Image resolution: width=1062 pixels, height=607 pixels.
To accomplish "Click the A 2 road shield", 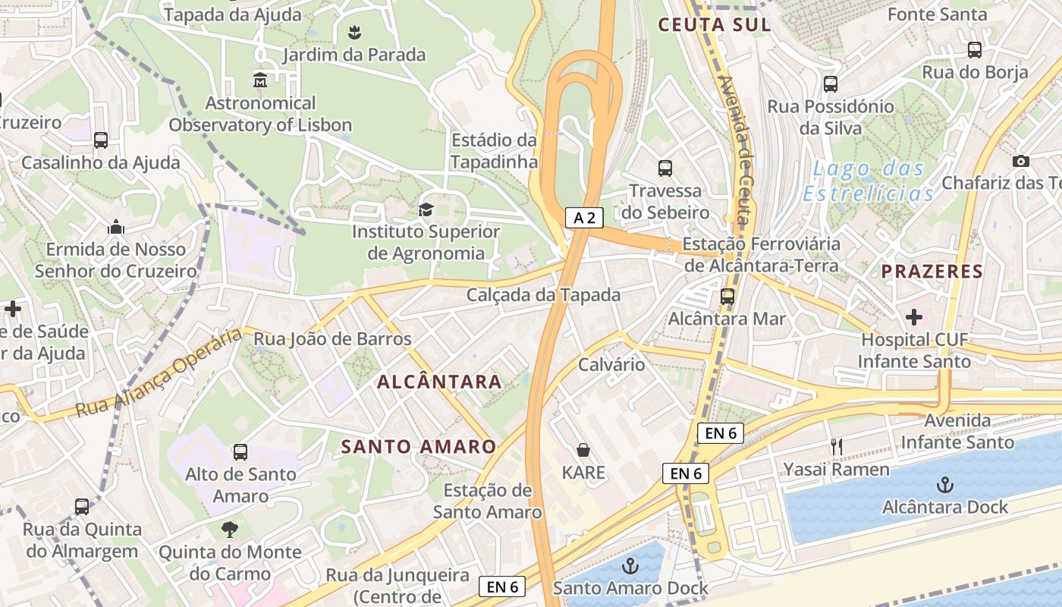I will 584,219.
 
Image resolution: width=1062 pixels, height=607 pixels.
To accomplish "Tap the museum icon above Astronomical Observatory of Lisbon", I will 260,80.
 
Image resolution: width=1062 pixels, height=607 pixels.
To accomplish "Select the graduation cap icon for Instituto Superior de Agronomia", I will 426,209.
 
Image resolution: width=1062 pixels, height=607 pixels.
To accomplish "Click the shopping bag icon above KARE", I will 583,450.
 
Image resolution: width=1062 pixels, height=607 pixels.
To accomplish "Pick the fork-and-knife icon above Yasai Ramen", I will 837,447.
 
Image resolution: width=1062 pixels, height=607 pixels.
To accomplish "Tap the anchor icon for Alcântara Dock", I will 944,484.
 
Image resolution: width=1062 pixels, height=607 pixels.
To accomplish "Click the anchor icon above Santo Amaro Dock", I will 630,565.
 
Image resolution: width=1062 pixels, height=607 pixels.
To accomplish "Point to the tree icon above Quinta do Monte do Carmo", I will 230,529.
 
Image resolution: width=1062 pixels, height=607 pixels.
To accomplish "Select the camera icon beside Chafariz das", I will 1021,161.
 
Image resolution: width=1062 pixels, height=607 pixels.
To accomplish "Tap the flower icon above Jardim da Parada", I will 353,32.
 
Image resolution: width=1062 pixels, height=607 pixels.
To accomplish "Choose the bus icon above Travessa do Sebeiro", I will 665,168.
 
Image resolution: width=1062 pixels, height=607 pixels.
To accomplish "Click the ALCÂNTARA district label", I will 440,382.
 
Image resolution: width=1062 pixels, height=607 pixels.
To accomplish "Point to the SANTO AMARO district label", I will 419,447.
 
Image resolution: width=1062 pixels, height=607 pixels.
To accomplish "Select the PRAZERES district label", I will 932,271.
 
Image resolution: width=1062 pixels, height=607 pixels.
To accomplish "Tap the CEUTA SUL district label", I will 715,24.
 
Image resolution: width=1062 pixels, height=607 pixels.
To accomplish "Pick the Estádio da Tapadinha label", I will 494,151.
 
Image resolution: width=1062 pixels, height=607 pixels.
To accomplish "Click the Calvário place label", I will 611,364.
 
